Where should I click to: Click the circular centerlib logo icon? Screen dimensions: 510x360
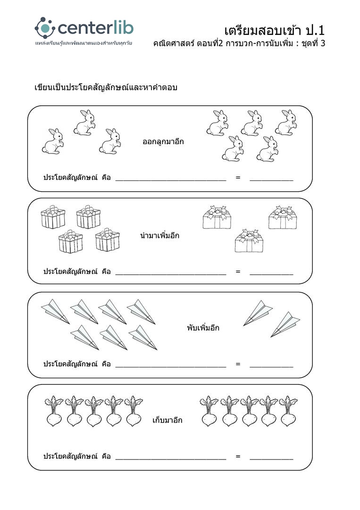click(45, 28)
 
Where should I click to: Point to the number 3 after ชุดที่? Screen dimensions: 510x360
click(323, 43)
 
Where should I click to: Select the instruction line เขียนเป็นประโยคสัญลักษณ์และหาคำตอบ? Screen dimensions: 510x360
click(106, 87)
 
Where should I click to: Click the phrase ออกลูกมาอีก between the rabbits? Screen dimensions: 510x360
click(163, 141)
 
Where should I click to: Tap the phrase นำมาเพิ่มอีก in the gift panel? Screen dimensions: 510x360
click(159, 235)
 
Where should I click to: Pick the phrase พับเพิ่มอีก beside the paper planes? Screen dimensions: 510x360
click(203, 328)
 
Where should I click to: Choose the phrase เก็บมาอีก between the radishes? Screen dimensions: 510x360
click(167, 420)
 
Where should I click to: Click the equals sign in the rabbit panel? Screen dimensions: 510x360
click(238, 178)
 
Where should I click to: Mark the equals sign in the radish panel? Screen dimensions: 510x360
click(238, 456)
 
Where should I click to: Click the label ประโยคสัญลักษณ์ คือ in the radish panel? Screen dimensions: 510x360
click(77, 457)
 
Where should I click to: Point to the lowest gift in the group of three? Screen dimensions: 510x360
click(248, 241)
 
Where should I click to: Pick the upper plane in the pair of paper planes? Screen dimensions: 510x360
click(258, 312)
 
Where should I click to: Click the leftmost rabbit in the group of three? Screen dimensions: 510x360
click(53, 141)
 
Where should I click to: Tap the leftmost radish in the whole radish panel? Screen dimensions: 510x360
click(54, 412)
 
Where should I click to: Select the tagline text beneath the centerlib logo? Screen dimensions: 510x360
click(83, 43)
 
